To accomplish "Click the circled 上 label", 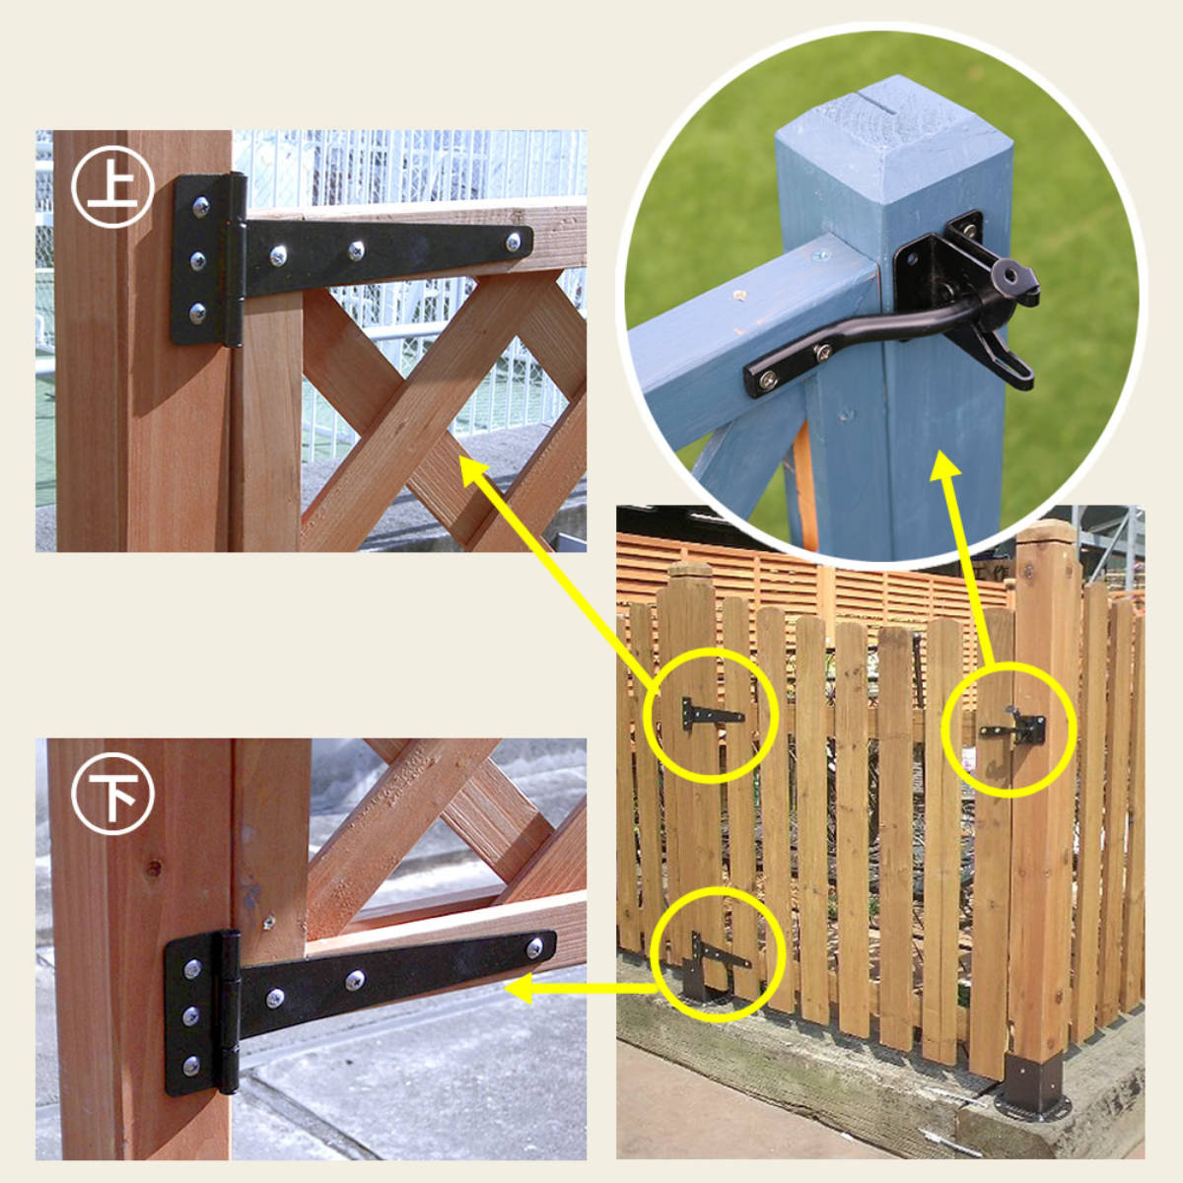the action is pyautogui.click(x=111, y=186).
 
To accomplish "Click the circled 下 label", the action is pyautogui.click(x=111, y=794).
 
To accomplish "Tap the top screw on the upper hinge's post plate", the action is pyautogui.click(x=201, y=206).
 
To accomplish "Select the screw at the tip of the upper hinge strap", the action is pyautogui.click(x=515, y=242).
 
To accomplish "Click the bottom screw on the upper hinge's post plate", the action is pyautogui.click(x=198, y=313).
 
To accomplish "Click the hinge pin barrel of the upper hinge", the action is pyautogui.click(x=236, y=261).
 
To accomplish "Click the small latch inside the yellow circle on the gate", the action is pyautogui.click(x=1013, y=728).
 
